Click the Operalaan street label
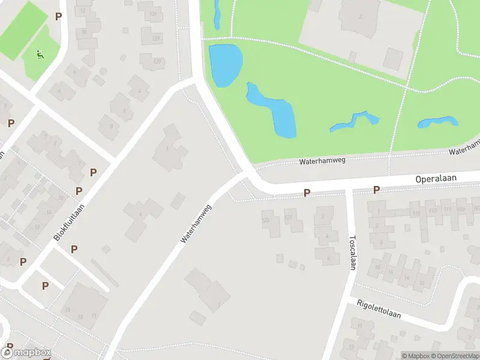point(436,179)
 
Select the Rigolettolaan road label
point(379,310)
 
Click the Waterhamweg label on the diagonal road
point(197,224)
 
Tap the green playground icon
point(40,56)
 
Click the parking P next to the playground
point(58,17)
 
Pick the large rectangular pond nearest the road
point(225,64)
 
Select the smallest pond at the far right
point(438,122)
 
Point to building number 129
point(156,39)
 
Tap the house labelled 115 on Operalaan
point(416,213)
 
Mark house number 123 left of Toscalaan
point(266,221)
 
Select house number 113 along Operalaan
point(431,210)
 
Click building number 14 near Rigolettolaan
point(390,272)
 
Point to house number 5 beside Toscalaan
point(380,242)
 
